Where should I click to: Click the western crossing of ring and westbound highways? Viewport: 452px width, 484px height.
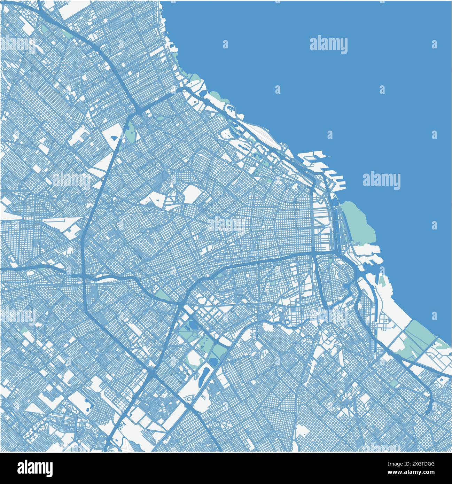(84, 275)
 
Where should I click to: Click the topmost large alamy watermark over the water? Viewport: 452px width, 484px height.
(328, 45)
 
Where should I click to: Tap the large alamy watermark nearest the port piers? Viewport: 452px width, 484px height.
(381, 180)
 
